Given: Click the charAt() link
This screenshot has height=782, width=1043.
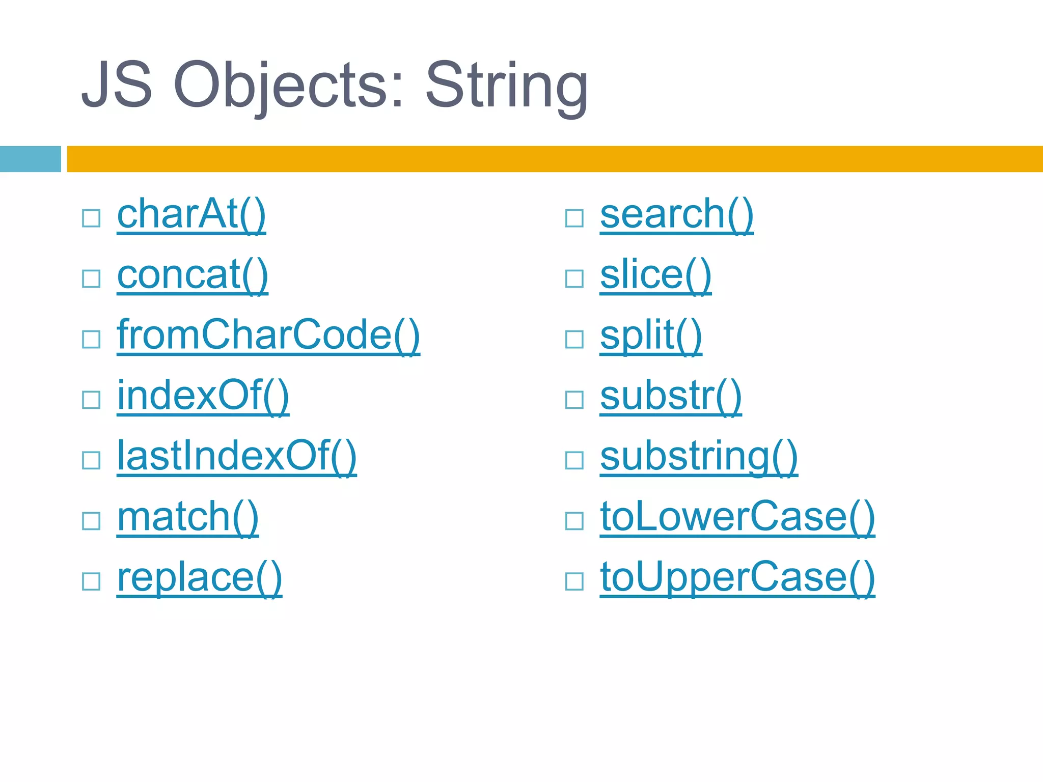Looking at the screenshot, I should click(x=191, y=214).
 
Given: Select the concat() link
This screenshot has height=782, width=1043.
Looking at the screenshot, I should click(x=193, y=275).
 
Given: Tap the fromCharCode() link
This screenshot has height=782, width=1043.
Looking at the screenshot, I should click(x=268, y=335).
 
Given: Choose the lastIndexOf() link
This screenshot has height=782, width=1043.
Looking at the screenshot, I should click(x=237, y=456).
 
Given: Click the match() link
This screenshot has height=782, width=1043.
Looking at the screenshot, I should click(x=188, y=517).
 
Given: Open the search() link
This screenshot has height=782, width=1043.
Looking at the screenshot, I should click(x=677, y=214).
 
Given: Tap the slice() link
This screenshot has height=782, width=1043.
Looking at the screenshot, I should click(x=656, y=275).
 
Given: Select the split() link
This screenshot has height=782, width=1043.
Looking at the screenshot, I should click(x=651, y=335).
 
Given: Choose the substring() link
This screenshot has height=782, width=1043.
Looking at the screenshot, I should click(x=699, y=456).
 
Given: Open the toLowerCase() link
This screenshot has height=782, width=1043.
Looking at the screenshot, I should click(x=737, y=517).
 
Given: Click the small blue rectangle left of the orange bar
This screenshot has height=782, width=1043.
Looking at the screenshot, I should click(x=30, y=159).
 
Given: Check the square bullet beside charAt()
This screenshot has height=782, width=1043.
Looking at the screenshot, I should click(x=91, y=218).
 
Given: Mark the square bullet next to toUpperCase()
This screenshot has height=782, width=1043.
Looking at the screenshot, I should click(x=574, y=581).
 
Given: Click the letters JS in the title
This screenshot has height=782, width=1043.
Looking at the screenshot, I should click(x=117, y=85).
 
